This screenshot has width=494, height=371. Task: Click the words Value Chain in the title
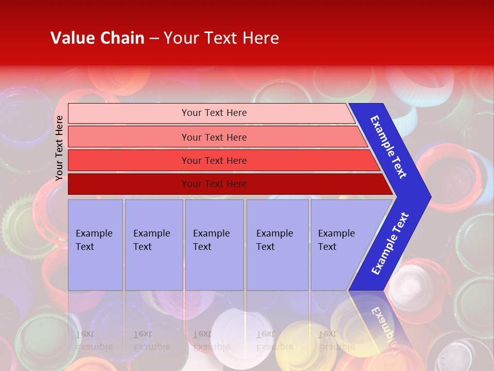[x=97, y=38]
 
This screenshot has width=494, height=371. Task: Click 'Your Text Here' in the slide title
[x=221, y=38]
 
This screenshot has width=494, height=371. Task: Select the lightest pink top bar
[x=129, y=113]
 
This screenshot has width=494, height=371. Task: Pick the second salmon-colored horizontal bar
[x=129, y=137]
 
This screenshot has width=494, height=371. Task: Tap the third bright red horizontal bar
[x=129, y=160]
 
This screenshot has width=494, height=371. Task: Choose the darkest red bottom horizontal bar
[x=129, y=184]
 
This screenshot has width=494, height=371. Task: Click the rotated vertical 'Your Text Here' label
[x=59, y=148]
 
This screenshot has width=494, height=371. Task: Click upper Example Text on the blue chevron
[x=389, y=147]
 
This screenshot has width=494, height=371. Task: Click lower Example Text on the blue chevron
[x=390, y=243]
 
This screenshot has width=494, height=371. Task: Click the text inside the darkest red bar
[x=214, y=184]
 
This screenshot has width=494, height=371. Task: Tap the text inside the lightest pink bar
[x=214, y=113]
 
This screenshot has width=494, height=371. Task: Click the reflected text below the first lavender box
[x=94, y=341]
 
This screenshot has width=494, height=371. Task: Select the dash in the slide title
[x=154, y=39]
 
